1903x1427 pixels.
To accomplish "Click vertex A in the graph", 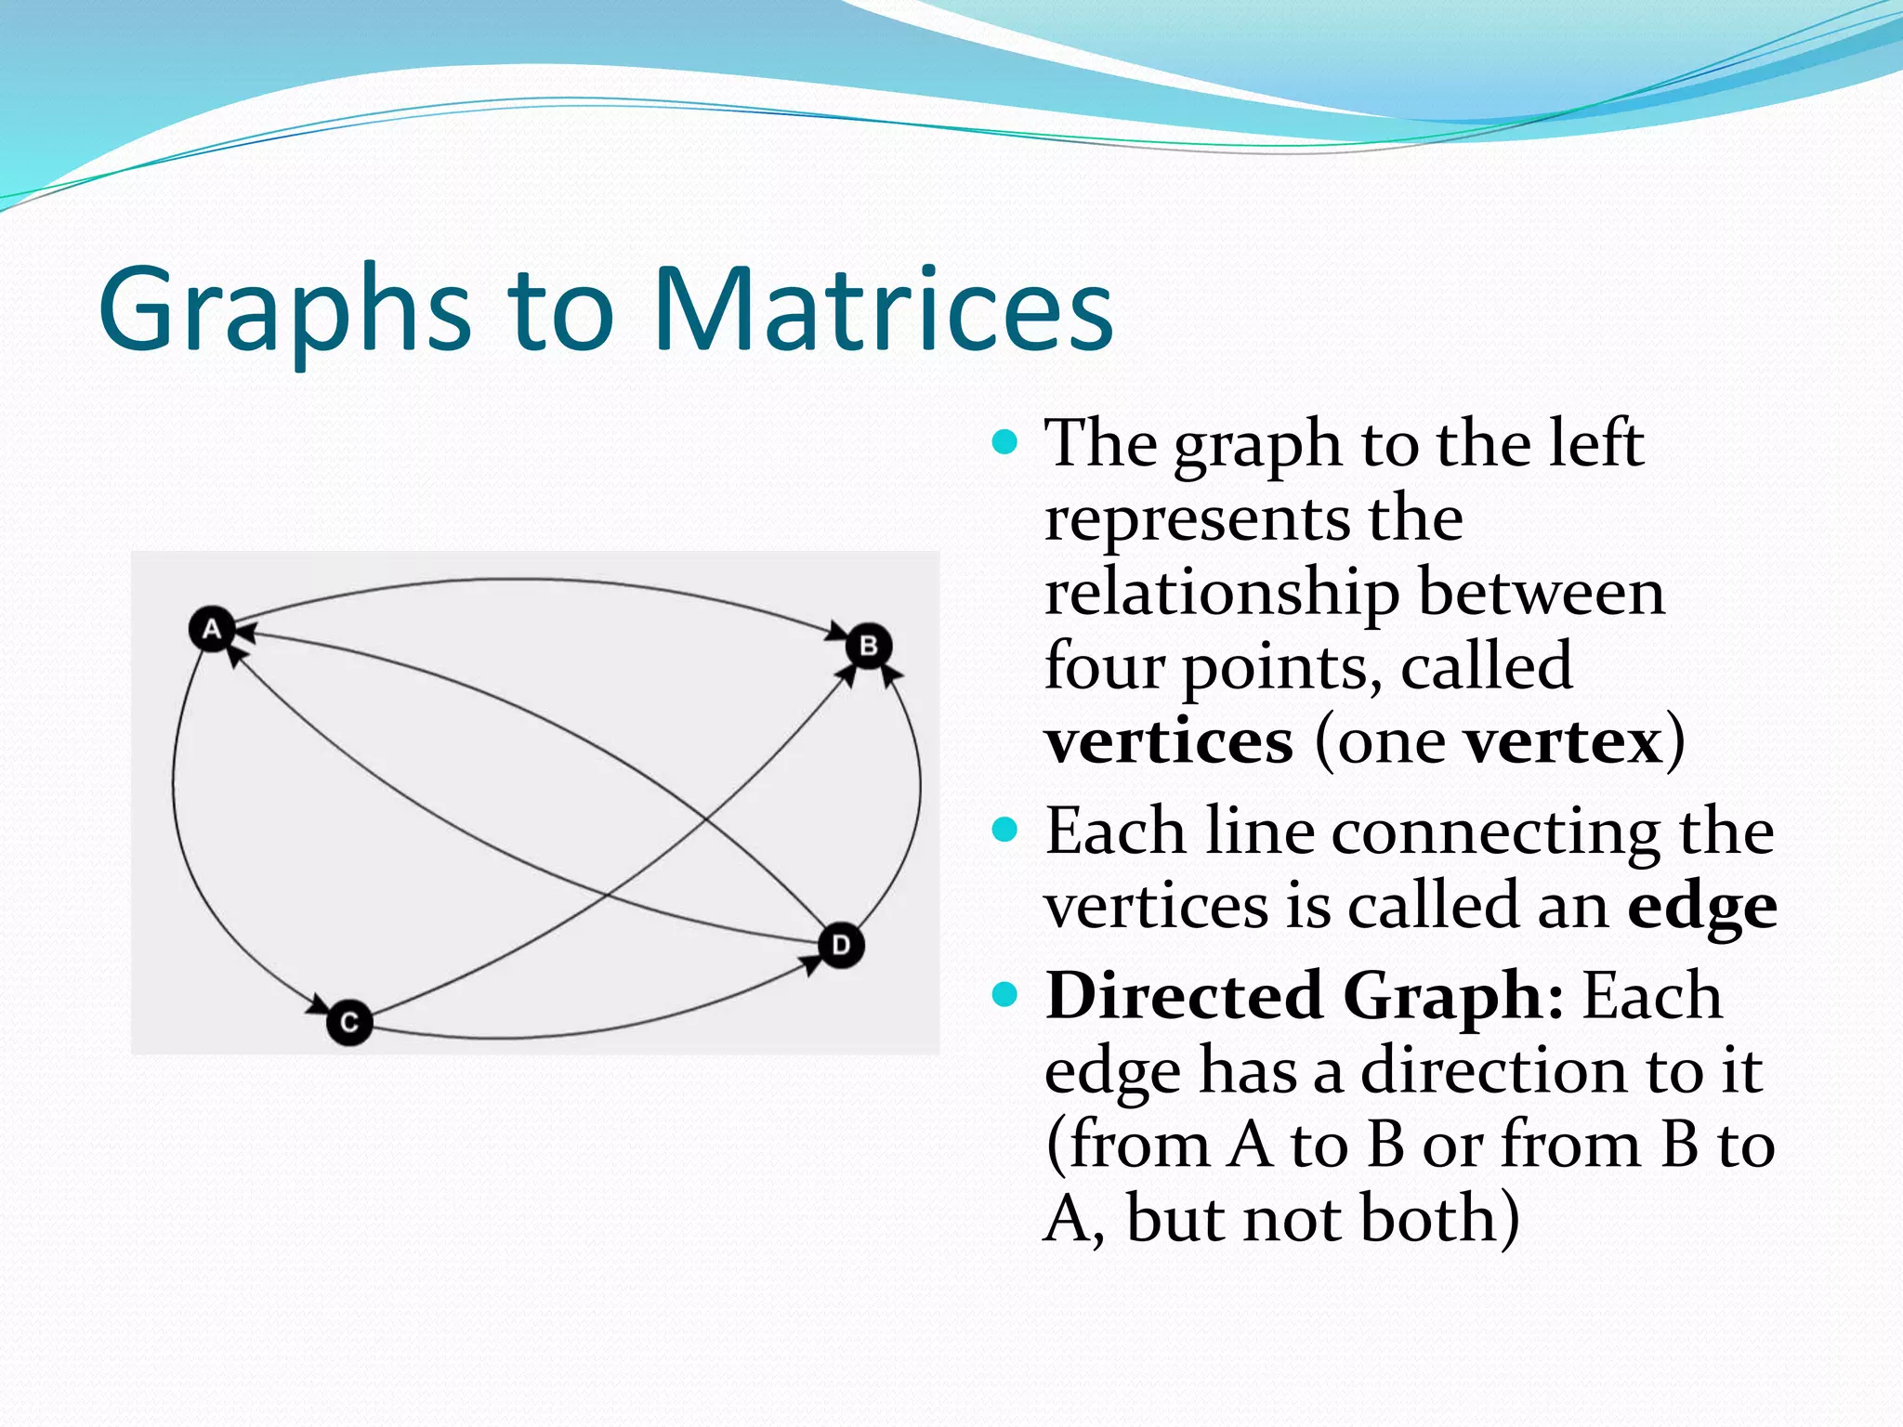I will pyautogui.click(x=212, y=630).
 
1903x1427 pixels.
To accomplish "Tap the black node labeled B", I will pyautogui.click(x=869, y=646).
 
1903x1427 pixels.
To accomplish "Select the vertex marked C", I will pyautogui.click(x=349, y=1023).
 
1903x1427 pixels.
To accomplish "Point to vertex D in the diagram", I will pyautogui.click(x=841, y=946).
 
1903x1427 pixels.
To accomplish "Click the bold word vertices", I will pyautogui.click(x=1169, y=742).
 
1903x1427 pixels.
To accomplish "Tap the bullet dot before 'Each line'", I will pyautogui.click(x=1004, y=829).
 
